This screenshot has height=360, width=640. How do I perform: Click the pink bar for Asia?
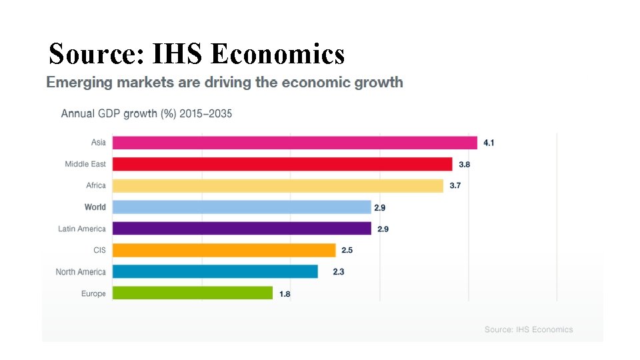tap(295, 143)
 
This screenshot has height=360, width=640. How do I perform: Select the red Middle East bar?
tap(282, 164)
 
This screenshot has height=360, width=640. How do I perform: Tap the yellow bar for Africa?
tap(277, 185)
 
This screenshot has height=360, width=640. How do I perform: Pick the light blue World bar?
tap(241, 207)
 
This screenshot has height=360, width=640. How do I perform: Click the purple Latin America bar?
tap(241, 229)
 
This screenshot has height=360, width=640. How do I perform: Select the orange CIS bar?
tap(224, 250)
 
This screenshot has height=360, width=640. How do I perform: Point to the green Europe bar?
tap(192, 293)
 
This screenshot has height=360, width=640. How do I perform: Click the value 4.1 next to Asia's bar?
tap(489, 143)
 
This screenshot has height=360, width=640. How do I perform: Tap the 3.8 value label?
tap(464, 164)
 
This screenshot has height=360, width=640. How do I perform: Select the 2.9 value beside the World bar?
tap(379, 207)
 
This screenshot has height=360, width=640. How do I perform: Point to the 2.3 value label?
tap(339, 271)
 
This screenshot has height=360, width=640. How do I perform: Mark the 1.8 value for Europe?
tap(285, 293)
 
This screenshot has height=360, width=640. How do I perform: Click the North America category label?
tap(81, 272)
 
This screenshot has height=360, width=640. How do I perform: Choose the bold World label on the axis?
tap(95, 207)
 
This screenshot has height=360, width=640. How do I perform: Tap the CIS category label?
tap(99, 250)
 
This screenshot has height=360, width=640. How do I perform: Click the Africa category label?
tap(96, 185)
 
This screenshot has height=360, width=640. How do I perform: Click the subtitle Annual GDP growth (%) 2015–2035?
tap(147, 113)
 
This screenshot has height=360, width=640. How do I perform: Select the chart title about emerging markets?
tap(225, 83)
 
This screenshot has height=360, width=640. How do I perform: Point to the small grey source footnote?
tap(529, 329)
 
